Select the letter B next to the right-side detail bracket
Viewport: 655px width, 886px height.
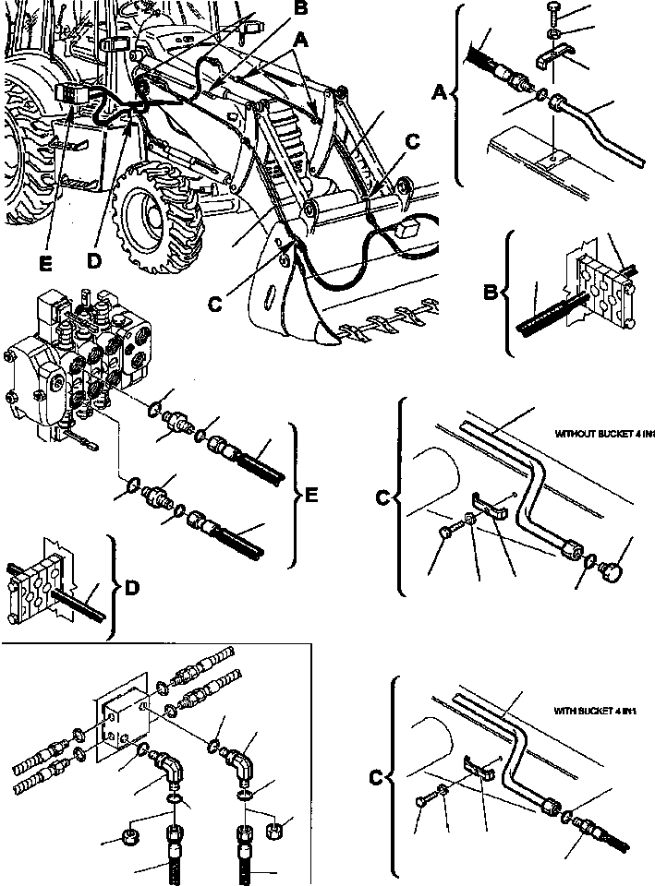coord(491,295)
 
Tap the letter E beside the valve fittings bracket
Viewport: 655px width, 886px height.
coord(311,496)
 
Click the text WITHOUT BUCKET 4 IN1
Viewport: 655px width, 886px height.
coord(604,432)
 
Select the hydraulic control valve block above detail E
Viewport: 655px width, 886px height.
coord(74,360)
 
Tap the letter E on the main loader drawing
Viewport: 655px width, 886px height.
coord(44,263)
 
